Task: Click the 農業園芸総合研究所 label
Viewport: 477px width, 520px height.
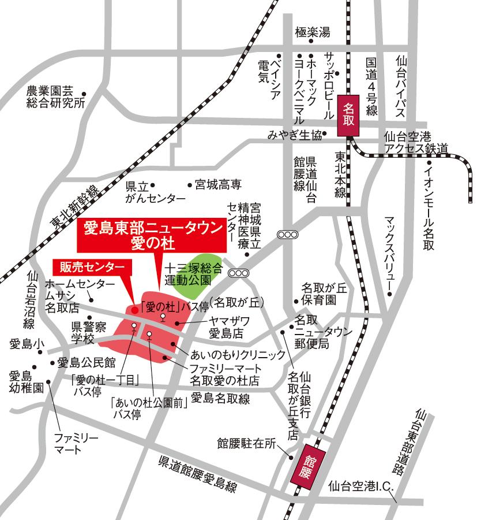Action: click(55, 98)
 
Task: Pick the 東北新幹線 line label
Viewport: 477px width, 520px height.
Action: click(75, 205)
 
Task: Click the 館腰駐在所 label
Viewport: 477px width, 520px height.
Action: click(247, 444)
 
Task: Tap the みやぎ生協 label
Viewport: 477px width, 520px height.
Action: click(294, 135)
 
